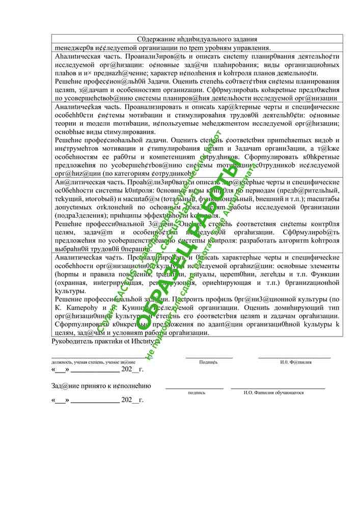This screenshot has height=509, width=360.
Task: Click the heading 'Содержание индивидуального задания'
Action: coord(197,39)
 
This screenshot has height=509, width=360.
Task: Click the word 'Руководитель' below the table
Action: coord(74,341)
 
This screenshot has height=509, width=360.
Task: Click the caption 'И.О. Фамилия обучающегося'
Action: coord(274,393)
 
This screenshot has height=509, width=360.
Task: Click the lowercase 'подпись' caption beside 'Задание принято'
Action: coord(197,393)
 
